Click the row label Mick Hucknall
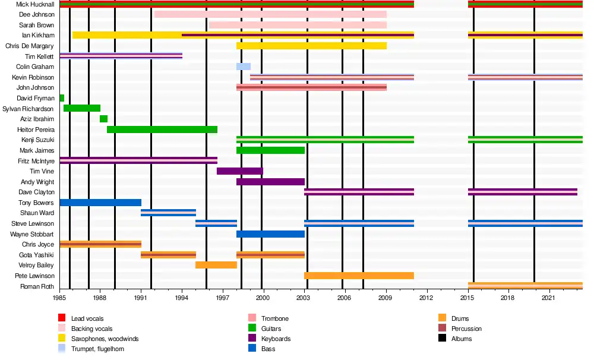35,4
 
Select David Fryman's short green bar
62,98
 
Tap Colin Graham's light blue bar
244,67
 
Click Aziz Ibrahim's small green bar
103,119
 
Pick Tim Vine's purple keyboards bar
240,171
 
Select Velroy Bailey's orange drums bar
216,265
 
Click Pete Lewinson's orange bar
359,276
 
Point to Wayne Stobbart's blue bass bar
270,234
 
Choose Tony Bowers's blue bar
100,203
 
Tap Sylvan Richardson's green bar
82,108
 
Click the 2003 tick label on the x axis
304,297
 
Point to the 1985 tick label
59,297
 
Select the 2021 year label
548,297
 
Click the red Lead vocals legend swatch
61,319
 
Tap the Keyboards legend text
276,339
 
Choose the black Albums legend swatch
441,339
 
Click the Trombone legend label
274,319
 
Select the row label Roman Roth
39,286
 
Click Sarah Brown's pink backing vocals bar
298,25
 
